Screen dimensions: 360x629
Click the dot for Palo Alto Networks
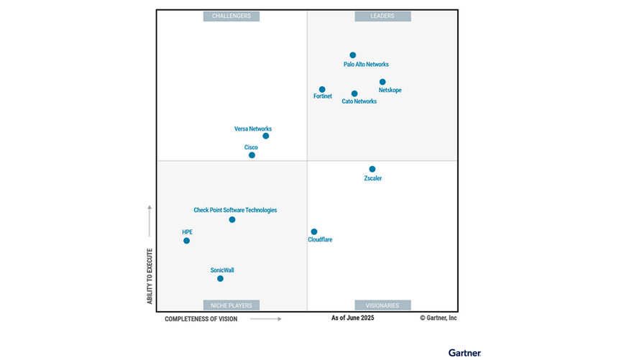click(352, 55)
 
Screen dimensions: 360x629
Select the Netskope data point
click(382, 82)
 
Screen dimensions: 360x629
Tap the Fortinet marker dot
click(322, 89)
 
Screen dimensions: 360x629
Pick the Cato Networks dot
click(354, 93)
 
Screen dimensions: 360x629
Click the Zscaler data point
click(372, 169)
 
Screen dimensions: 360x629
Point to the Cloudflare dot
click(314, 231)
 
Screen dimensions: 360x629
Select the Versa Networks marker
click(266, 136)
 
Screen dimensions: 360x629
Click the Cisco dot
click(252, 154)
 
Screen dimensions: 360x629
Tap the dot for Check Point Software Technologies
click(232, 219)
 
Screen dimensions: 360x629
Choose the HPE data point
click(186, 240)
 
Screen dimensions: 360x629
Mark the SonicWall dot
click(220, 278)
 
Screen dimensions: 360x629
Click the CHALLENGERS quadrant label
click(231, 16)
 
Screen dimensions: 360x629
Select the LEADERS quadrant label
click(382, 16)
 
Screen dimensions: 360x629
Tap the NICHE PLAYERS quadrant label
click(231, 305)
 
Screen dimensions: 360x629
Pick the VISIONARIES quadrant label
click(382, 305)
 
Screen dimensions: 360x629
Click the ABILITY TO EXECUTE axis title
click(150, 276)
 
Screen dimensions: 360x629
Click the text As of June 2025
click(352, 317)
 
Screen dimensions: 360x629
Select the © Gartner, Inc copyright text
click(439, 317)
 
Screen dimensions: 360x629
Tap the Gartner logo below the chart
click(464, 352)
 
